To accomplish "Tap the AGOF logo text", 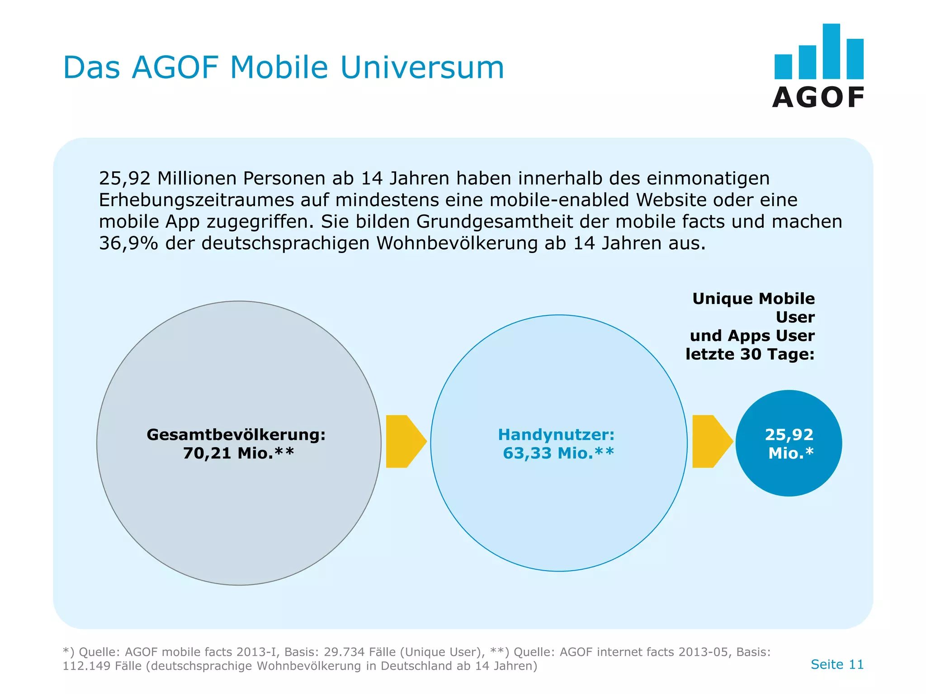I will [x=818, y=98].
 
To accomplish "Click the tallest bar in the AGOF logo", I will [x=831, y=51].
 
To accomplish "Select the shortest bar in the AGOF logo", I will [x=783, y=67].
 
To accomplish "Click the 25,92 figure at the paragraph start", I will [x=124, y=178].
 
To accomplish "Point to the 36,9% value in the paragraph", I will [x=128, y=244].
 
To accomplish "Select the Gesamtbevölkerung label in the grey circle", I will [x=236, y=435].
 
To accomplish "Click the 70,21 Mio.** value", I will [x=238, y=453].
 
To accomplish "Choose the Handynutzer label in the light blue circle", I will [x=556, y=435].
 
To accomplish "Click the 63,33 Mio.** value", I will [x=558, y=453].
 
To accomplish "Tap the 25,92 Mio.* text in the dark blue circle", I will [x=789, y=444].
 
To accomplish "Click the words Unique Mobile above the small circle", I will [x=753, y=299].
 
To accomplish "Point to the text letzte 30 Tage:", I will [x=750, y=354].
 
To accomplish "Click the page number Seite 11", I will [x=837, y=664].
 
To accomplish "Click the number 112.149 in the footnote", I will [x=86, y=666].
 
